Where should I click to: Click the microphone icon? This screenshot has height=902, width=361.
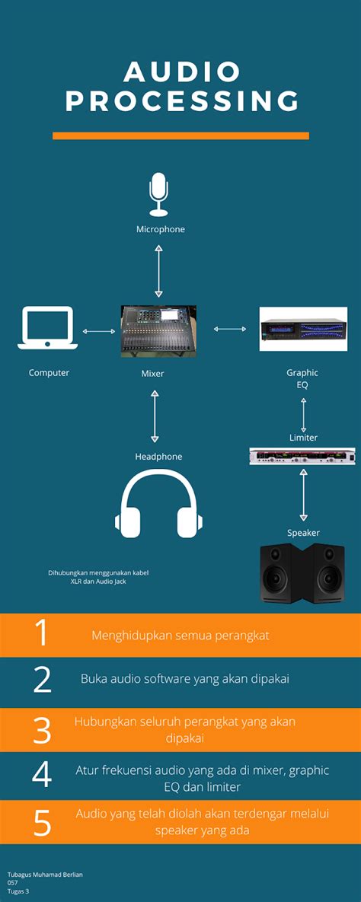(158, 195)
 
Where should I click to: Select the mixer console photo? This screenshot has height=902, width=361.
(158, 331)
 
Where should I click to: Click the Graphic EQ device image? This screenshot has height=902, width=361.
(303, 329)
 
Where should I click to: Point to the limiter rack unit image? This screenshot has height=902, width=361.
(302, 456)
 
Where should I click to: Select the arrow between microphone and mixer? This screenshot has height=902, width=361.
(158, 271)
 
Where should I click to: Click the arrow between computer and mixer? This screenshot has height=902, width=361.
(98, 331)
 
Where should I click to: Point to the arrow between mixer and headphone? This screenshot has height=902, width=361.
(155, 416)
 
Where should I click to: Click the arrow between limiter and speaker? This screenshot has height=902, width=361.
(303, 495)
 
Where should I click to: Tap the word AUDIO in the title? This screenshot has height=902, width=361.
(182, 72)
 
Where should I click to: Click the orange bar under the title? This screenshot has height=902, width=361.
(180, 135)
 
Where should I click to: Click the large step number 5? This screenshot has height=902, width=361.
(43, 823)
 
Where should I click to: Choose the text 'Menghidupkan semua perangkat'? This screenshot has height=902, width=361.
(180, 636)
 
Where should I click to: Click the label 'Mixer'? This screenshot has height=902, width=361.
(152, 374)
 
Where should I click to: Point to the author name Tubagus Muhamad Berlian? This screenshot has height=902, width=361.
(45, 875)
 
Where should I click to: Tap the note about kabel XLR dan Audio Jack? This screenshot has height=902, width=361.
(97, 576)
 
